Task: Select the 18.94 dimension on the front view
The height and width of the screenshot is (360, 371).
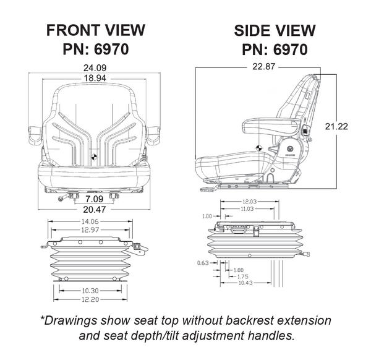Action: coord(94,78)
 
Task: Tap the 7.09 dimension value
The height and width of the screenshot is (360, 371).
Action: coord(94,199)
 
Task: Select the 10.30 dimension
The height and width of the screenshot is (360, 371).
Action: coord(90,290)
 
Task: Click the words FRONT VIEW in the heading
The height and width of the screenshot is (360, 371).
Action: coord(95,30)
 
